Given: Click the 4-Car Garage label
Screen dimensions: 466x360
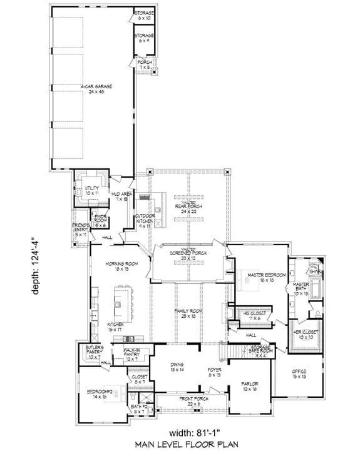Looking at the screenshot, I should tap(96, 88).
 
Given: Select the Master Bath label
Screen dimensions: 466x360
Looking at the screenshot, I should tap(302, 288).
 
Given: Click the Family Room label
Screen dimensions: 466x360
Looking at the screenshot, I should tap(188, 313).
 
